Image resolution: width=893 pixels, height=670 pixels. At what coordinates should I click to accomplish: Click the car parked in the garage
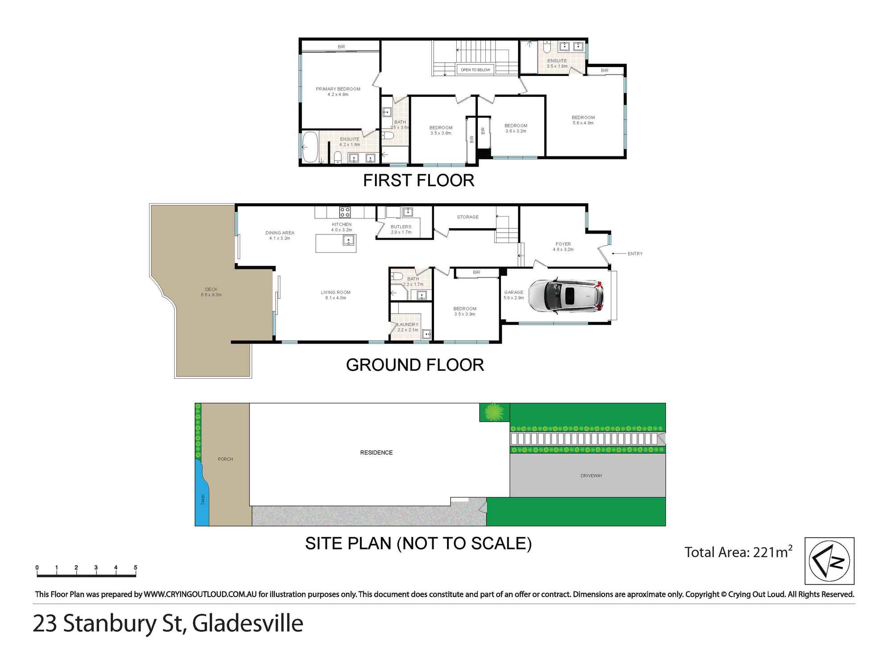tap(566, 296)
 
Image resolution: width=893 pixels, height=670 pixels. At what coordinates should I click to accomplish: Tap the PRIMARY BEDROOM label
tap(338, 89)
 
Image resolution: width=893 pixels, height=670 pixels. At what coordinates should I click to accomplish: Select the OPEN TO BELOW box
tap(475, 70)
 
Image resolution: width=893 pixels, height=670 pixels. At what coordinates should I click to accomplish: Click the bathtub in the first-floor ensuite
tap(310, 147)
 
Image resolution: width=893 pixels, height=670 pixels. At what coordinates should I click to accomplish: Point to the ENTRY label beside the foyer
tap(635, 254)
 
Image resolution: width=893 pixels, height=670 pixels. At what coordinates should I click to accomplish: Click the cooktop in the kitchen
tap(345, 212)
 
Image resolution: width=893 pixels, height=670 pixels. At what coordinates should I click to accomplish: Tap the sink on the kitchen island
tap(348, 241)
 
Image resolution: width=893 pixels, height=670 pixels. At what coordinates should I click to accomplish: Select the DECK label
tap(211, 289)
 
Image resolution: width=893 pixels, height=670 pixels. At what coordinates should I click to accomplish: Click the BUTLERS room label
tap(401, 227)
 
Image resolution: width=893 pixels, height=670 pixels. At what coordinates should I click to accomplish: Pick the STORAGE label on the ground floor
tap(467, 217)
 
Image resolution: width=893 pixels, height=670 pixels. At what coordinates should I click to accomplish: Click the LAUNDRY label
tap(408, 325)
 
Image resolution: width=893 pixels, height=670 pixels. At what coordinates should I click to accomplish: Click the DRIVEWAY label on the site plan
tap(591, 476)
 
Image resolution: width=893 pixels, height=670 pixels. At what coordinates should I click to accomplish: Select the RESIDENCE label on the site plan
tap(376, 452)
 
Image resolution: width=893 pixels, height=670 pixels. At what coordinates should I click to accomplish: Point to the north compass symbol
tap(829, 561)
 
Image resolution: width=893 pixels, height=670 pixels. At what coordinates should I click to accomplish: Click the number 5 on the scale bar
tap(135, 568)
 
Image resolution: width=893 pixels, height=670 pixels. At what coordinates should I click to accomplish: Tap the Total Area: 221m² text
tap(739, 552)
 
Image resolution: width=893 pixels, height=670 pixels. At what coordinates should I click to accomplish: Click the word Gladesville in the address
tap(248, 623)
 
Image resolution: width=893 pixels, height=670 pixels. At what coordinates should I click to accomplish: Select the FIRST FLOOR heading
tap(418, 180)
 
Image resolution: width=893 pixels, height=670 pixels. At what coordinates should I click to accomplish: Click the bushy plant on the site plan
tap(494, 411)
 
